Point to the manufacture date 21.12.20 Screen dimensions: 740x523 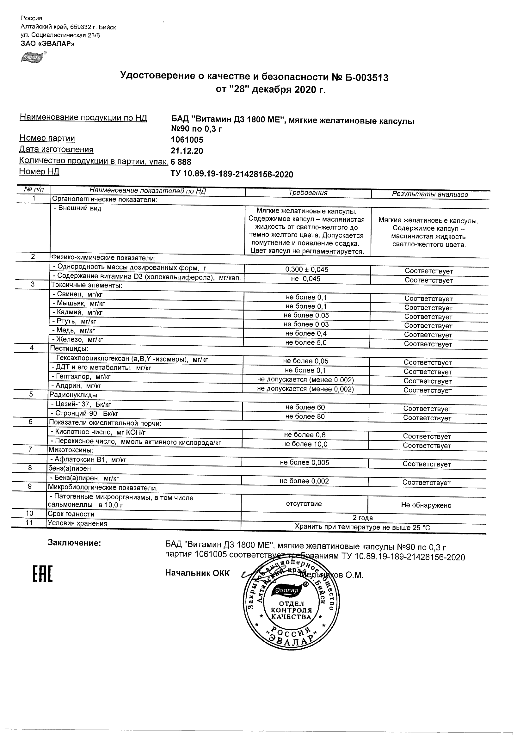187,151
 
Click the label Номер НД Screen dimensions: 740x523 39,171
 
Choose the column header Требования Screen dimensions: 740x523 308,193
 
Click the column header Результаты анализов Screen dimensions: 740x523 429,194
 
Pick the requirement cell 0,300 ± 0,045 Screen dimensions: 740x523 307,269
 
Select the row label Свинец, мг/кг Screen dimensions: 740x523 77,294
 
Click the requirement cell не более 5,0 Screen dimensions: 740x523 306,342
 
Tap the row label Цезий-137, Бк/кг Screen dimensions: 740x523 81,404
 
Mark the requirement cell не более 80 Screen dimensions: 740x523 305,416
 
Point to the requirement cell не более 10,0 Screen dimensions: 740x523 305,444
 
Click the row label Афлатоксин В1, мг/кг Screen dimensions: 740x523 88,460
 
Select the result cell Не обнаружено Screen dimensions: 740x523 426,505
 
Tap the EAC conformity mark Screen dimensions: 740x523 42,574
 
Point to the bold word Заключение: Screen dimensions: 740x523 74,543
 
